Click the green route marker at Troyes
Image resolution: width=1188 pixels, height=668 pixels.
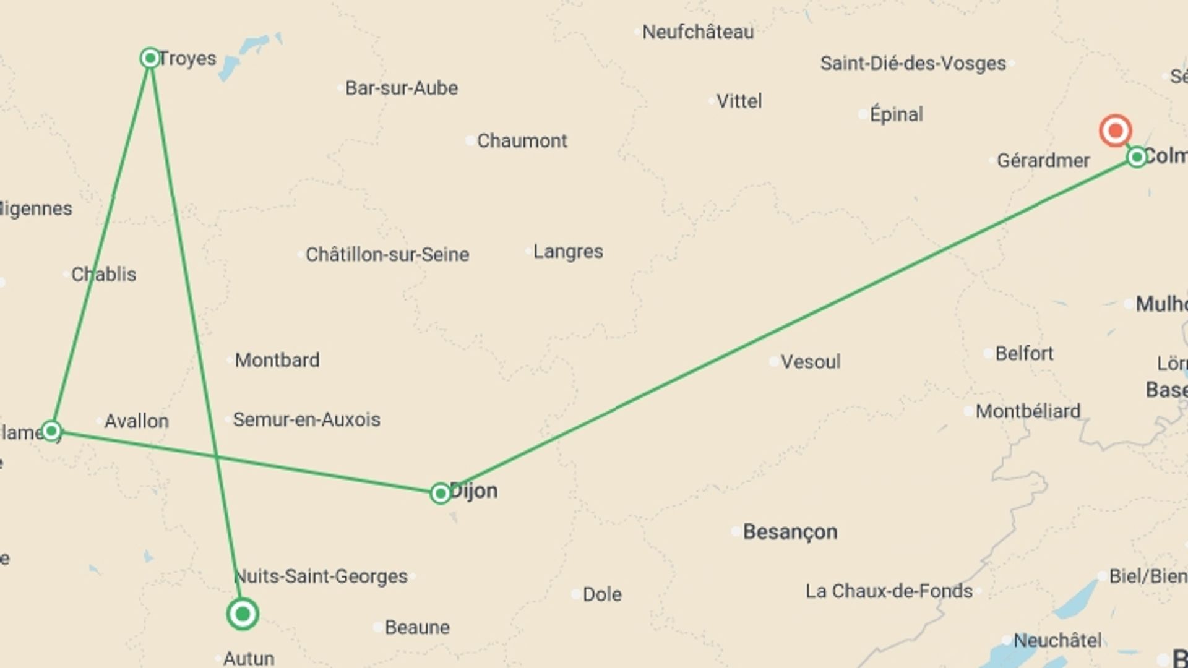pyautogui.click(x=150, y=58)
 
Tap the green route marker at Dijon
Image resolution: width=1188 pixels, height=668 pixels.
pyautogui.click(x=440, y=493)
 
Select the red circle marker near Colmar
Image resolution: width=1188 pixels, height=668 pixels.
pyautogui.click(x=1115, y=131)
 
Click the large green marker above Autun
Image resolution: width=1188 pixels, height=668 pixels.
pyautogui.click(x=243, y=614)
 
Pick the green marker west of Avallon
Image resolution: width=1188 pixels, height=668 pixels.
pyautogui.click(x=51, y=430)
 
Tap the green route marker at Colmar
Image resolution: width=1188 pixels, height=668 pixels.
pyautogui.click(x=1137, y=157)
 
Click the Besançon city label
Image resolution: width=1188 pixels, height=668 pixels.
pyautogui.click(x=790, y=532)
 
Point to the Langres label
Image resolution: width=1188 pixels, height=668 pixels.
pyautogui.click(x=568, y=252)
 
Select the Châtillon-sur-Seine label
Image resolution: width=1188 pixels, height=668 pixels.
pyautogui.click(x=387, y=254)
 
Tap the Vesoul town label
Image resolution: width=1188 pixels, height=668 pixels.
pyautogui.click(x=811, y=362)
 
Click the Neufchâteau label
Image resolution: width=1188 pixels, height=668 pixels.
pyautogui.click(x=698, y=32)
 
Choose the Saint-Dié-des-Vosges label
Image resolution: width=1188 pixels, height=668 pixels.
pyautogui.click(x=913, y=64)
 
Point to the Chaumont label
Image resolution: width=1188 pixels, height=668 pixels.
pyautogui.click(x=522, y=141)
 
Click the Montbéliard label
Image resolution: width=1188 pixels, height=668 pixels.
pyautogui.click(x=1028, y=411)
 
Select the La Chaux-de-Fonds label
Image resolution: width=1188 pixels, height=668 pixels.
pyautogui.click(x=889, y=591)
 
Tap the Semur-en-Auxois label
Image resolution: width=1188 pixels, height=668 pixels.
pyautogui.click(x=306, y=420)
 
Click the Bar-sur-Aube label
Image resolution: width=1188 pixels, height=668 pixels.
pyautogui.click(x=402, y=88)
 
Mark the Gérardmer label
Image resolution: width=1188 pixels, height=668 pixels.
pyautogui.click(x=1043, y=161)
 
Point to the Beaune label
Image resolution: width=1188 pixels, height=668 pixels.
pyautogui.click(x=417, y=627)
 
